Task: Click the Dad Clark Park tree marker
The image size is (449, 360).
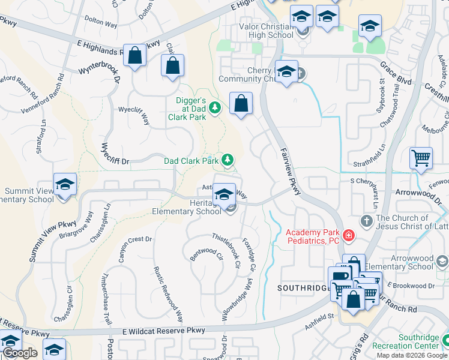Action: [227, 160]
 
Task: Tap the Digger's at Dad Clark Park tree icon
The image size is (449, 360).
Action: [215, 108]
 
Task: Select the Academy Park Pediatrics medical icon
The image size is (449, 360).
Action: [349, 236]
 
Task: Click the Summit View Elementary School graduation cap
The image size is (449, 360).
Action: [65, 184]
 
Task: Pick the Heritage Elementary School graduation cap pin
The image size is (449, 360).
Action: [224, 194]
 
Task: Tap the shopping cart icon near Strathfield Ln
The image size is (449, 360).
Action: [421, 158]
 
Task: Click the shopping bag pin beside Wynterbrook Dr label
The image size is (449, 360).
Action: [135, 55]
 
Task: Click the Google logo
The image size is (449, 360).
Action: [20, 353]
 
